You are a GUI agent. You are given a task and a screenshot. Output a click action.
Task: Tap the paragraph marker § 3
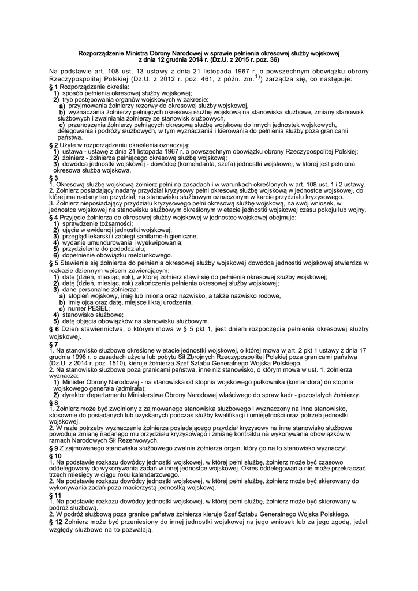[54, 178]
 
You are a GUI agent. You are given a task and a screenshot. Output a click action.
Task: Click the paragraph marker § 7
[54, 344]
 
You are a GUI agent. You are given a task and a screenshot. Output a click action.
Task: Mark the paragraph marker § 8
[54, 402]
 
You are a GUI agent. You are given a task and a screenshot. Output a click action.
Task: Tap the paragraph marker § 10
[55, 455]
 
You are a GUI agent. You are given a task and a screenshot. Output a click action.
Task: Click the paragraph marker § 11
[55, 495]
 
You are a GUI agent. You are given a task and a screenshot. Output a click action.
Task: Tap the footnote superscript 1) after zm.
[258, 76]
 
